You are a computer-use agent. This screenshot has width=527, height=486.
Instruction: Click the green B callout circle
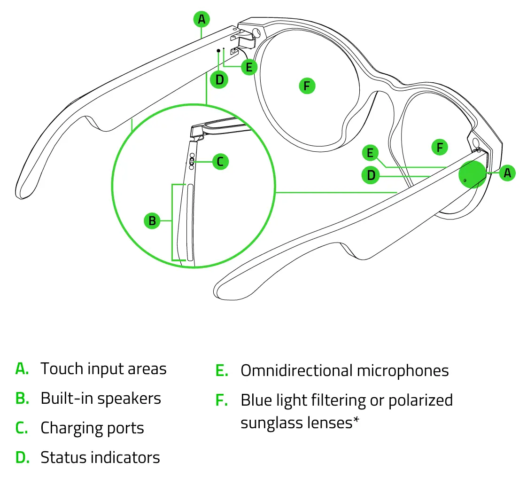[x=152, y=220]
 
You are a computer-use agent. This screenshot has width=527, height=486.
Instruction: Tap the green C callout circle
[x=220, y=162]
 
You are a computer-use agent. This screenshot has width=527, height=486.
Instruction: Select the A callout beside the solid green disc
[x=507, y=173]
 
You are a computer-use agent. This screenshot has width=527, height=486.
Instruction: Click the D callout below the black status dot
[x=219, y=79]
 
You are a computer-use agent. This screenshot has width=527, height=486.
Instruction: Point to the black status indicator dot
[x=218, y=50]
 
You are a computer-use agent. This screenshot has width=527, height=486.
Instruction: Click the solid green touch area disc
[x=473, y=174]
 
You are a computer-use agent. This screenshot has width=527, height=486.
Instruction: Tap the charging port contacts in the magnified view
[x=192, y=161]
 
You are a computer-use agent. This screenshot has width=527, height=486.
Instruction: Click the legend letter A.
[x=22, y=369]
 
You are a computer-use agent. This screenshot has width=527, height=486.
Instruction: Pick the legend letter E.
[x=222, y=371]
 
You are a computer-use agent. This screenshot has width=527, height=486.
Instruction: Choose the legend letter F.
[x=222, y=400]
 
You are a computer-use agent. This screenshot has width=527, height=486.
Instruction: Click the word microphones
[x=403, y=371]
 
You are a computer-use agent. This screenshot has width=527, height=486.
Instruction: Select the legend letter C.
[x=22, y=429]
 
